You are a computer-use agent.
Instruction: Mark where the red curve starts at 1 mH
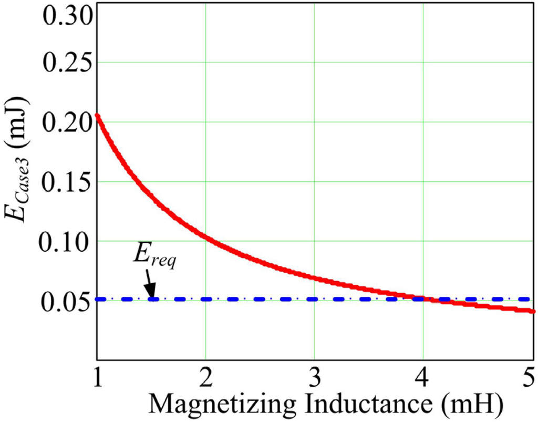[98, 115]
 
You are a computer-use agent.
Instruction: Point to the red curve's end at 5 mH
[533, 311]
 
